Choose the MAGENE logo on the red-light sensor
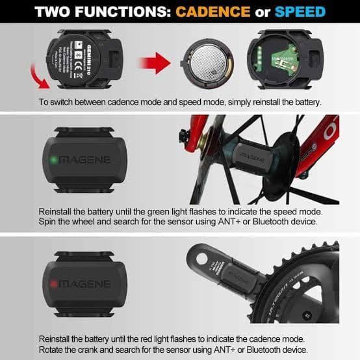[84, 284]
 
